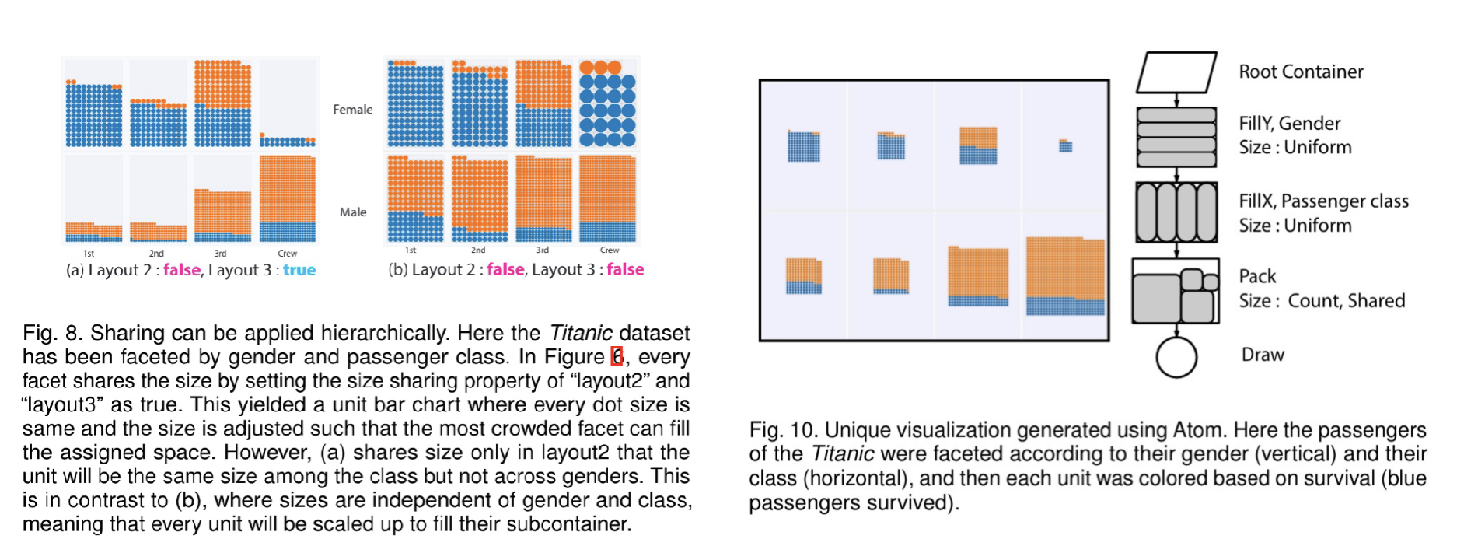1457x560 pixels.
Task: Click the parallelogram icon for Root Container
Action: click(1176, 72)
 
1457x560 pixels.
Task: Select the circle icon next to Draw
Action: click(1176, 357)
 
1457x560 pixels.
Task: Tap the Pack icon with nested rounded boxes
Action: click(1175, 292)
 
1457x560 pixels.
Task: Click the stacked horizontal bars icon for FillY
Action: click(1176, 137)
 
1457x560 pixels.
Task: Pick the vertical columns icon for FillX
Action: click(1176, 212)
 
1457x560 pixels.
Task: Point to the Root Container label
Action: click(1301, 72)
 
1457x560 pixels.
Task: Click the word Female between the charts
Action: click(352, 110)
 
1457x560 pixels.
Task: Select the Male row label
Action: click(353, 212)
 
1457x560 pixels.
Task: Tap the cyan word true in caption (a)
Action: click(299, 270)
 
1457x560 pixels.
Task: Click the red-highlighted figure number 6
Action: click(617, 356)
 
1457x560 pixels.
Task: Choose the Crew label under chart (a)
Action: click(288, 254)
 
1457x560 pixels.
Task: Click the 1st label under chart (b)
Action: click(411, 250)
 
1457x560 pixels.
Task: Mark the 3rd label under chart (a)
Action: click(221, 254)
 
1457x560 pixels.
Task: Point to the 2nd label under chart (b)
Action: click(478, 250)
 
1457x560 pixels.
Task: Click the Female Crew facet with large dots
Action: click(607, 103)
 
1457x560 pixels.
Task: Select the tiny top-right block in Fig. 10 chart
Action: click(1065, 145)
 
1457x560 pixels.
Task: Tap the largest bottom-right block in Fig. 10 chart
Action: click(1065, 276)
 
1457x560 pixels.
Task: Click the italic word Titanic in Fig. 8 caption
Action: click(581, 333)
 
